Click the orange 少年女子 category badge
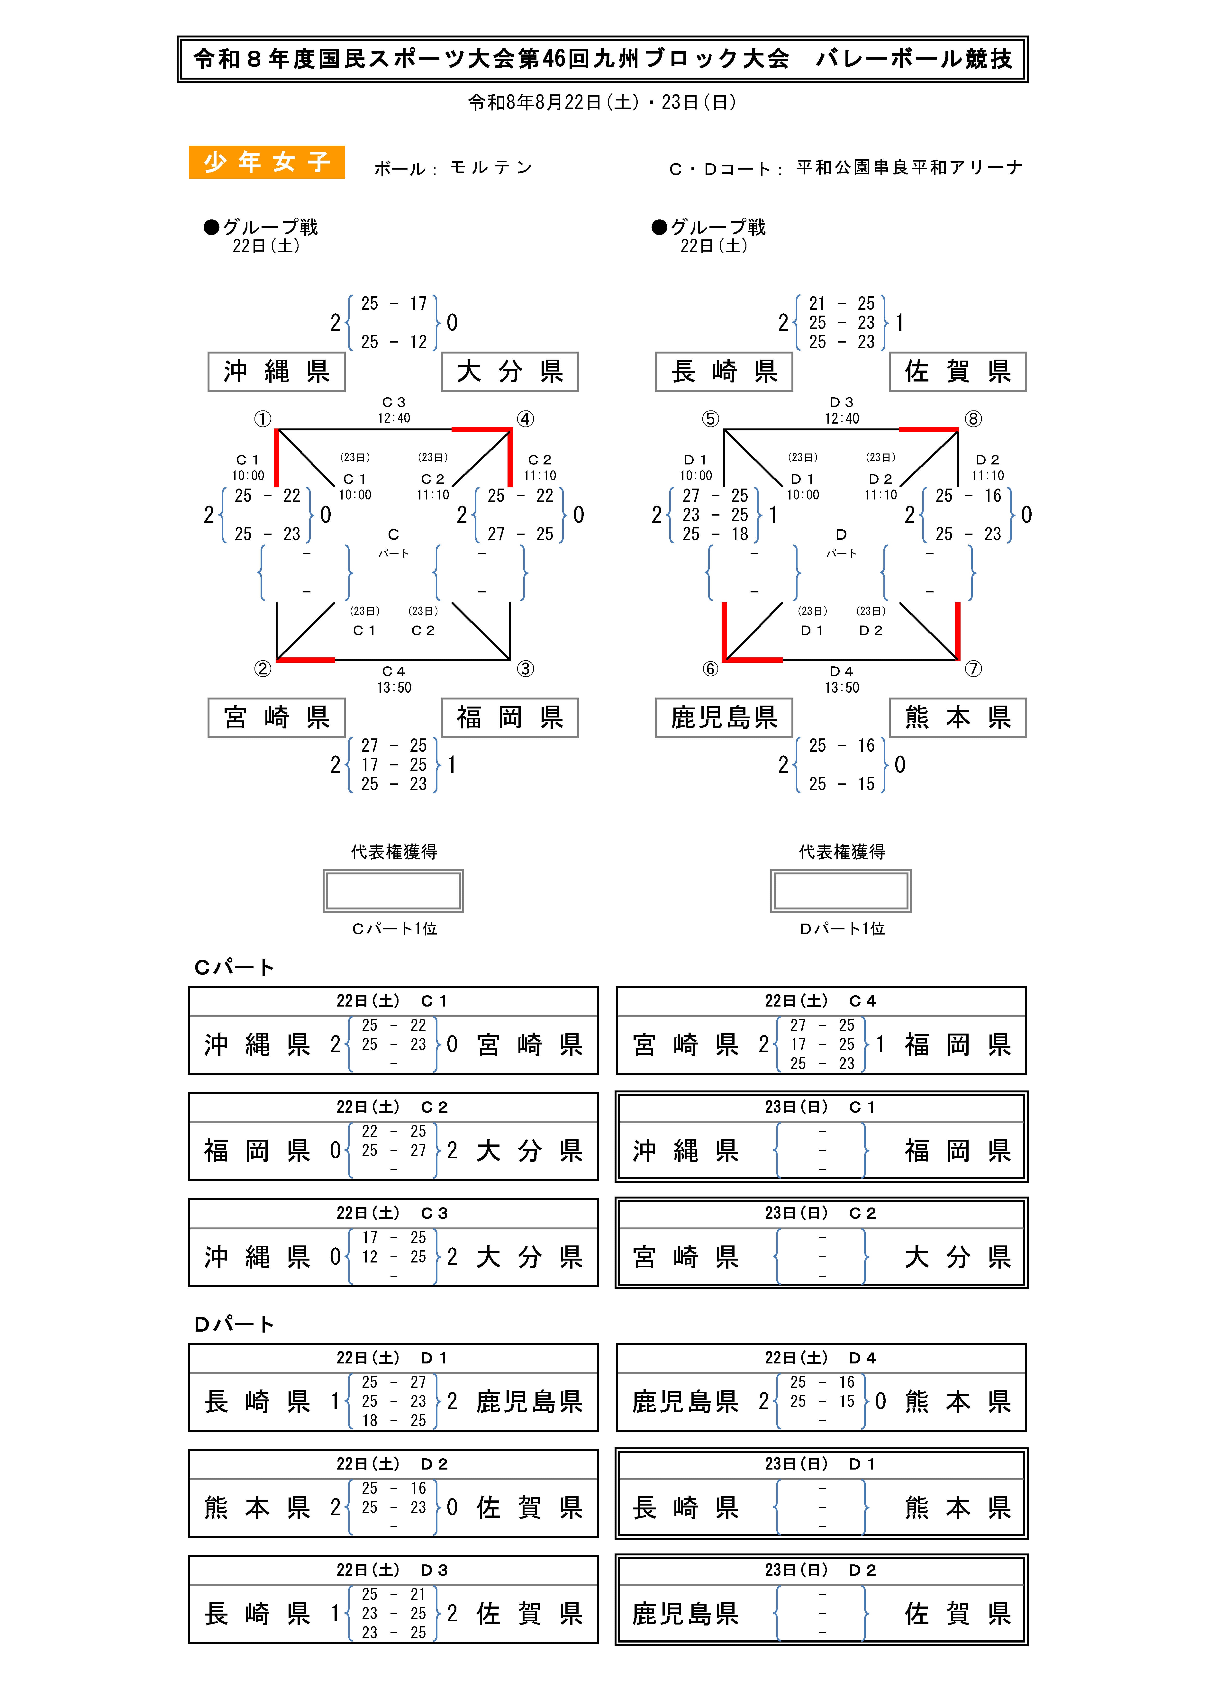266,162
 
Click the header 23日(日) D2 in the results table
821,1570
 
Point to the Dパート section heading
234,1324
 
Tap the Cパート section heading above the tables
234,967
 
